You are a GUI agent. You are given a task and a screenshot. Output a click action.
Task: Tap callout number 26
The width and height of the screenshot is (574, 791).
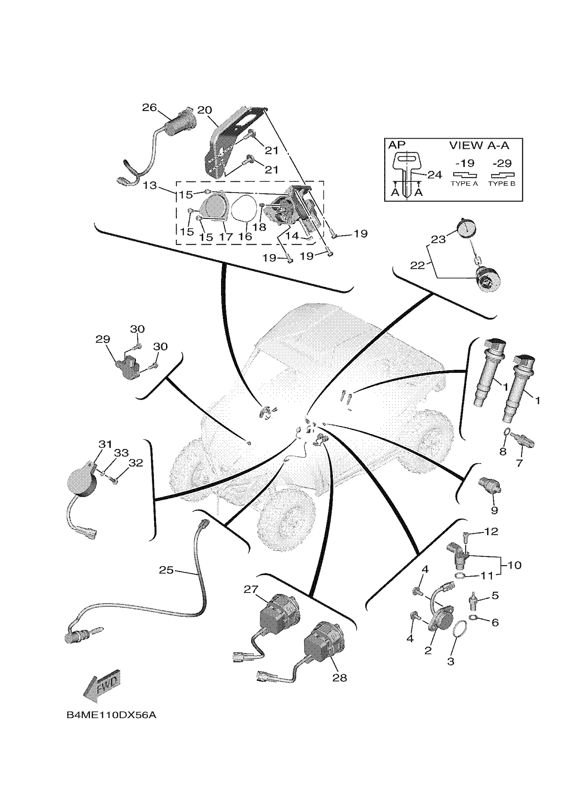(149, 108)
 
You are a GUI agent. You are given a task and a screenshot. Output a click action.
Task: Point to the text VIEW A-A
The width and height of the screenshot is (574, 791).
(479, 146)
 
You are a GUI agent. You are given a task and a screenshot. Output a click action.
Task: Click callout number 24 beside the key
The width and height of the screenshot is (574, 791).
(434, 175)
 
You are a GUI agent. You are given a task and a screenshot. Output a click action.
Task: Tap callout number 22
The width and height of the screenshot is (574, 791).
(417, 265)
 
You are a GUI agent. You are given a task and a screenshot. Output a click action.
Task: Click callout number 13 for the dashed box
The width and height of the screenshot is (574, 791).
(150, 185)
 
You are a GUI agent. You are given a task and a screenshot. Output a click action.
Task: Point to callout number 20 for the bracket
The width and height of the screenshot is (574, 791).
(204, 110)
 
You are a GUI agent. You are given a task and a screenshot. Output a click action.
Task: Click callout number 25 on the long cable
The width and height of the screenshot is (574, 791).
(166, 570)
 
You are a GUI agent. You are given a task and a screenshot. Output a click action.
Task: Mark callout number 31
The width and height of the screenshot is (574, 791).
(105, 444)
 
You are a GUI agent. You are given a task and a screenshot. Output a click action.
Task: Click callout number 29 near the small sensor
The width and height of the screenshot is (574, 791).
(103, 339)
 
